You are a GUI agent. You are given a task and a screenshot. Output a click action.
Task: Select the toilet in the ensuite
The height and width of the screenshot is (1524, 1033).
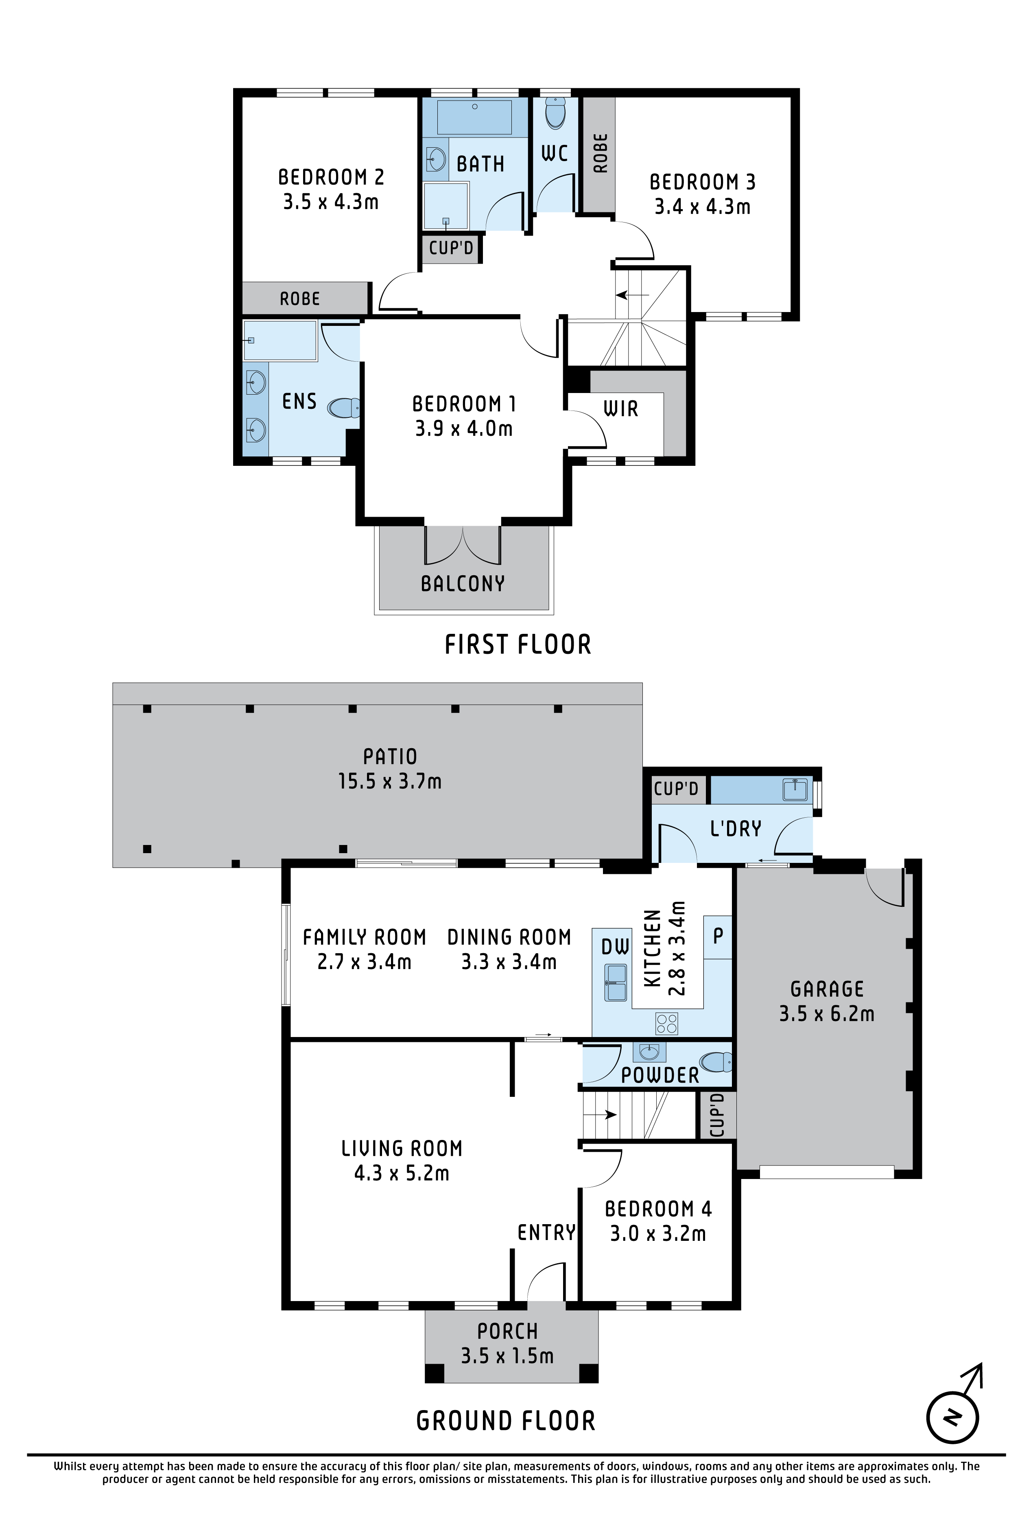pyautogui.click(x=344, y=408)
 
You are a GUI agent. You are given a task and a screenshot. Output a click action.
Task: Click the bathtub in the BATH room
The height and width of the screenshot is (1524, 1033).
pyautogui.click(x=474, y=118)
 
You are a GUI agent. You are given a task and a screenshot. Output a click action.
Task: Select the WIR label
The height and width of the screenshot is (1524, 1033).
pyautogui.click(x=620, y=409)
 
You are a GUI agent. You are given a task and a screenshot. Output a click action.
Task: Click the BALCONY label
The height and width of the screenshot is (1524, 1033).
pyautogui.click(x=463, y=584)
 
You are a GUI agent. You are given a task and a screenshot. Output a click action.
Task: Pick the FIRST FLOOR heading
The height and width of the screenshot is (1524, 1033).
pyautogui.click(x=518, y=644)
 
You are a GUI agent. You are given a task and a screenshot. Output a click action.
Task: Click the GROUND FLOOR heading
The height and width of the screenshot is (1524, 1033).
pyautogui.click(x=506, y=1421)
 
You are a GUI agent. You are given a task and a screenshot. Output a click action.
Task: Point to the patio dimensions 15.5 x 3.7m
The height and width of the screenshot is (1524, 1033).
pyautogui.click(x=390, y=781)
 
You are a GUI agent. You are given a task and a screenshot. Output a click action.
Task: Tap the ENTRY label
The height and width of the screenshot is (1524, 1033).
pyautogui.click(x=546, y=1233)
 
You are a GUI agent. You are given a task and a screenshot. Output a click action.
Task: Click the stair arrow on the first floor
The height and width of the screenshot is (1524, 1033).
pyautogui.click(x=633, y=295)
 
